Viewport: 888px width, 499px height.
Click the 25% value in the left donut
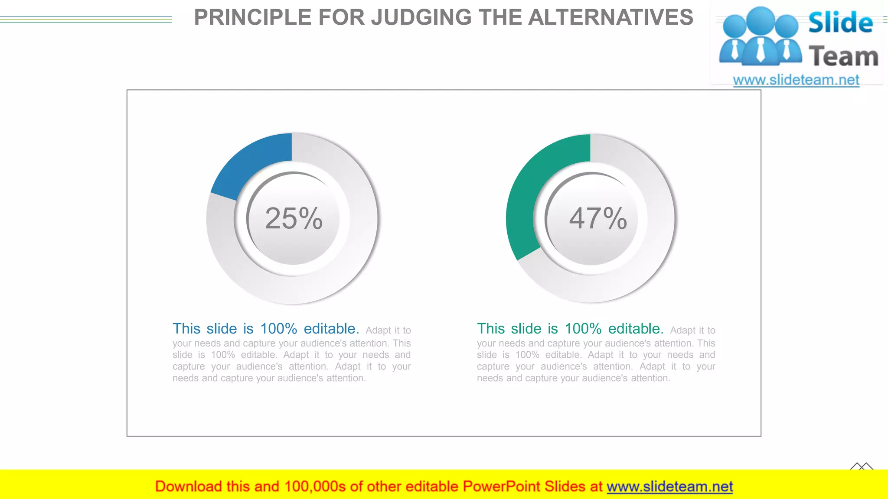click(294, 218)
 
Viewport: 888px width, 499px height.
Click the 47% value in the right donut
click(598, 218)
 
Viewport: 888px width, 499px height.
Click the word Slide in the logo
click(840, 23)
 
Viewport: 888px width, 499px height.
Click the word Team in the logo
click(843, 57)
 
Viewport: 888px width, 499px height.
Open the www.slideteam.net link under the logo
click(796, 80)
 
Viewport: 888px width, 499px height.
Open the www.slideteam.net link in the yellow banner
click(669, 486)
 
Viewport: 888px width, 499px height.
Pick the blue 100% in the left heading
click(278, 329)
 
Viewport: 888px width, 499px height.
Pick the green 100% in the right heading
click(583, 329)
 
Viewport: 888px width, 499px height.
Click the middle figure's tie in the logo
click(761, 50)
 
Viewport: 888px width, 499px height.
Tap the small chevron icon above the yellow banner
click(862, 467)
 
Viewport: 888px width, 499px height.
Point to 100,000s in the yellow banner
click(315, 486)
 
